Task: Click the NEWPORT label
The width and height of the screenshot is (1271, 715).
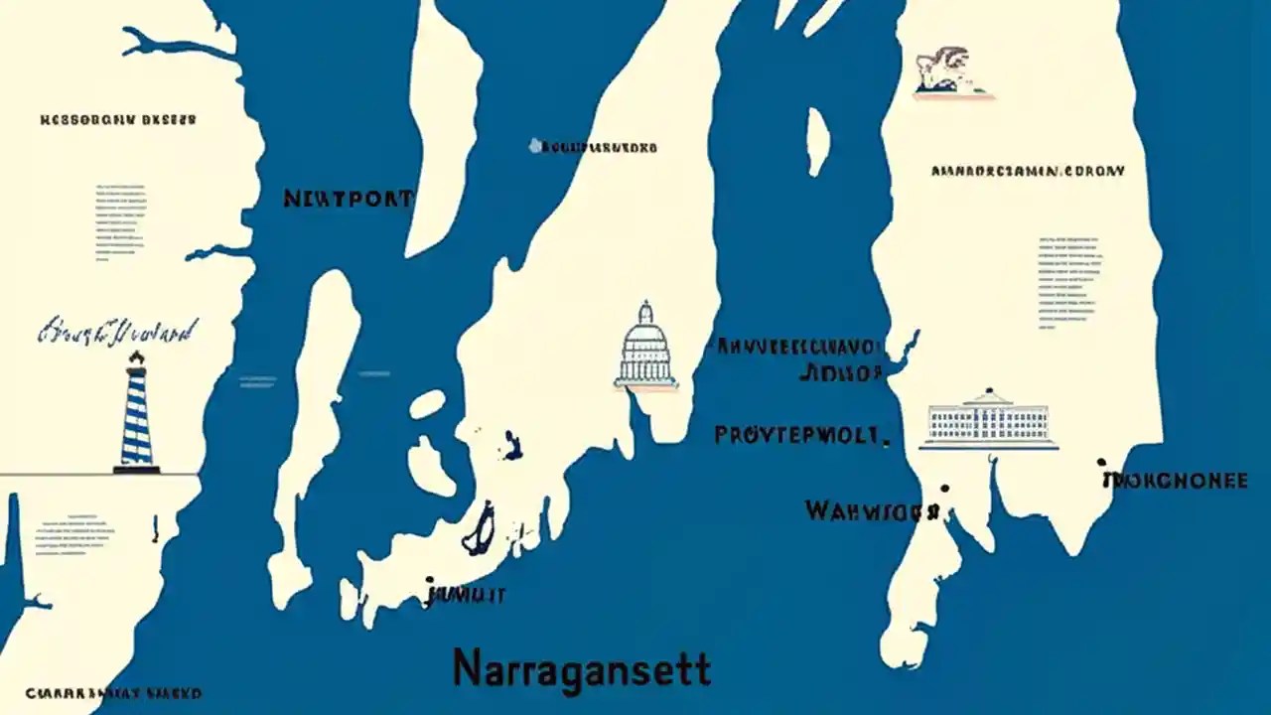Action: coord(348,199)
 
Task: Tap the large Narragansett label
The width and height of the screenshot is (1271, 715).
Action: coord(581,668)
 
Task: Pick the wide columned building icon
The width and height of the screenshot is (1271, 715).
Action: coord(988,420)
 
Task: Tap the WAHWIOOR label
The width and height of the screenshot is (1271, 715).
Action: coord(870,511)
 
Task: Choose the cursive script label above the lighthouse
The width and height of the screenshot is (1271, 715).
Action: coord(117,330)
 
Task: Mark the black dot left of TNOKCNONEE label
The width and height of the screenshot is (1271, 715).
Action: coord(1101,463)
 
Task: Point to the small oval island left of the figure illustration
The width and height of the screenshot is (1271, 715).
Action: coord(817,141)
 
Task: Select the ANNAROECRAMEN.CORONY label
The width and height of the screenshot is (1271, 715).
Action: coord(1028,171)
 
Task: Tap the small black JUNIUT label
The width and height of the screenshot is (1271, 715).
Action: coord(466,596)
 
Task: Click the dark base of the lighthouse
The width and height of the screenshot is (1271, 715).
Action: coord(136,469)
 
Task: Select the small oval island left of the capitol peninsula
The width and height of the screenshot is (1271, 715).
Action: coord(427,404)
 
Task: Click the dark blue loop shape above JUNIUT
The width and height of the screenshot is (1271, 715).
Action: coord(480,528)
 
